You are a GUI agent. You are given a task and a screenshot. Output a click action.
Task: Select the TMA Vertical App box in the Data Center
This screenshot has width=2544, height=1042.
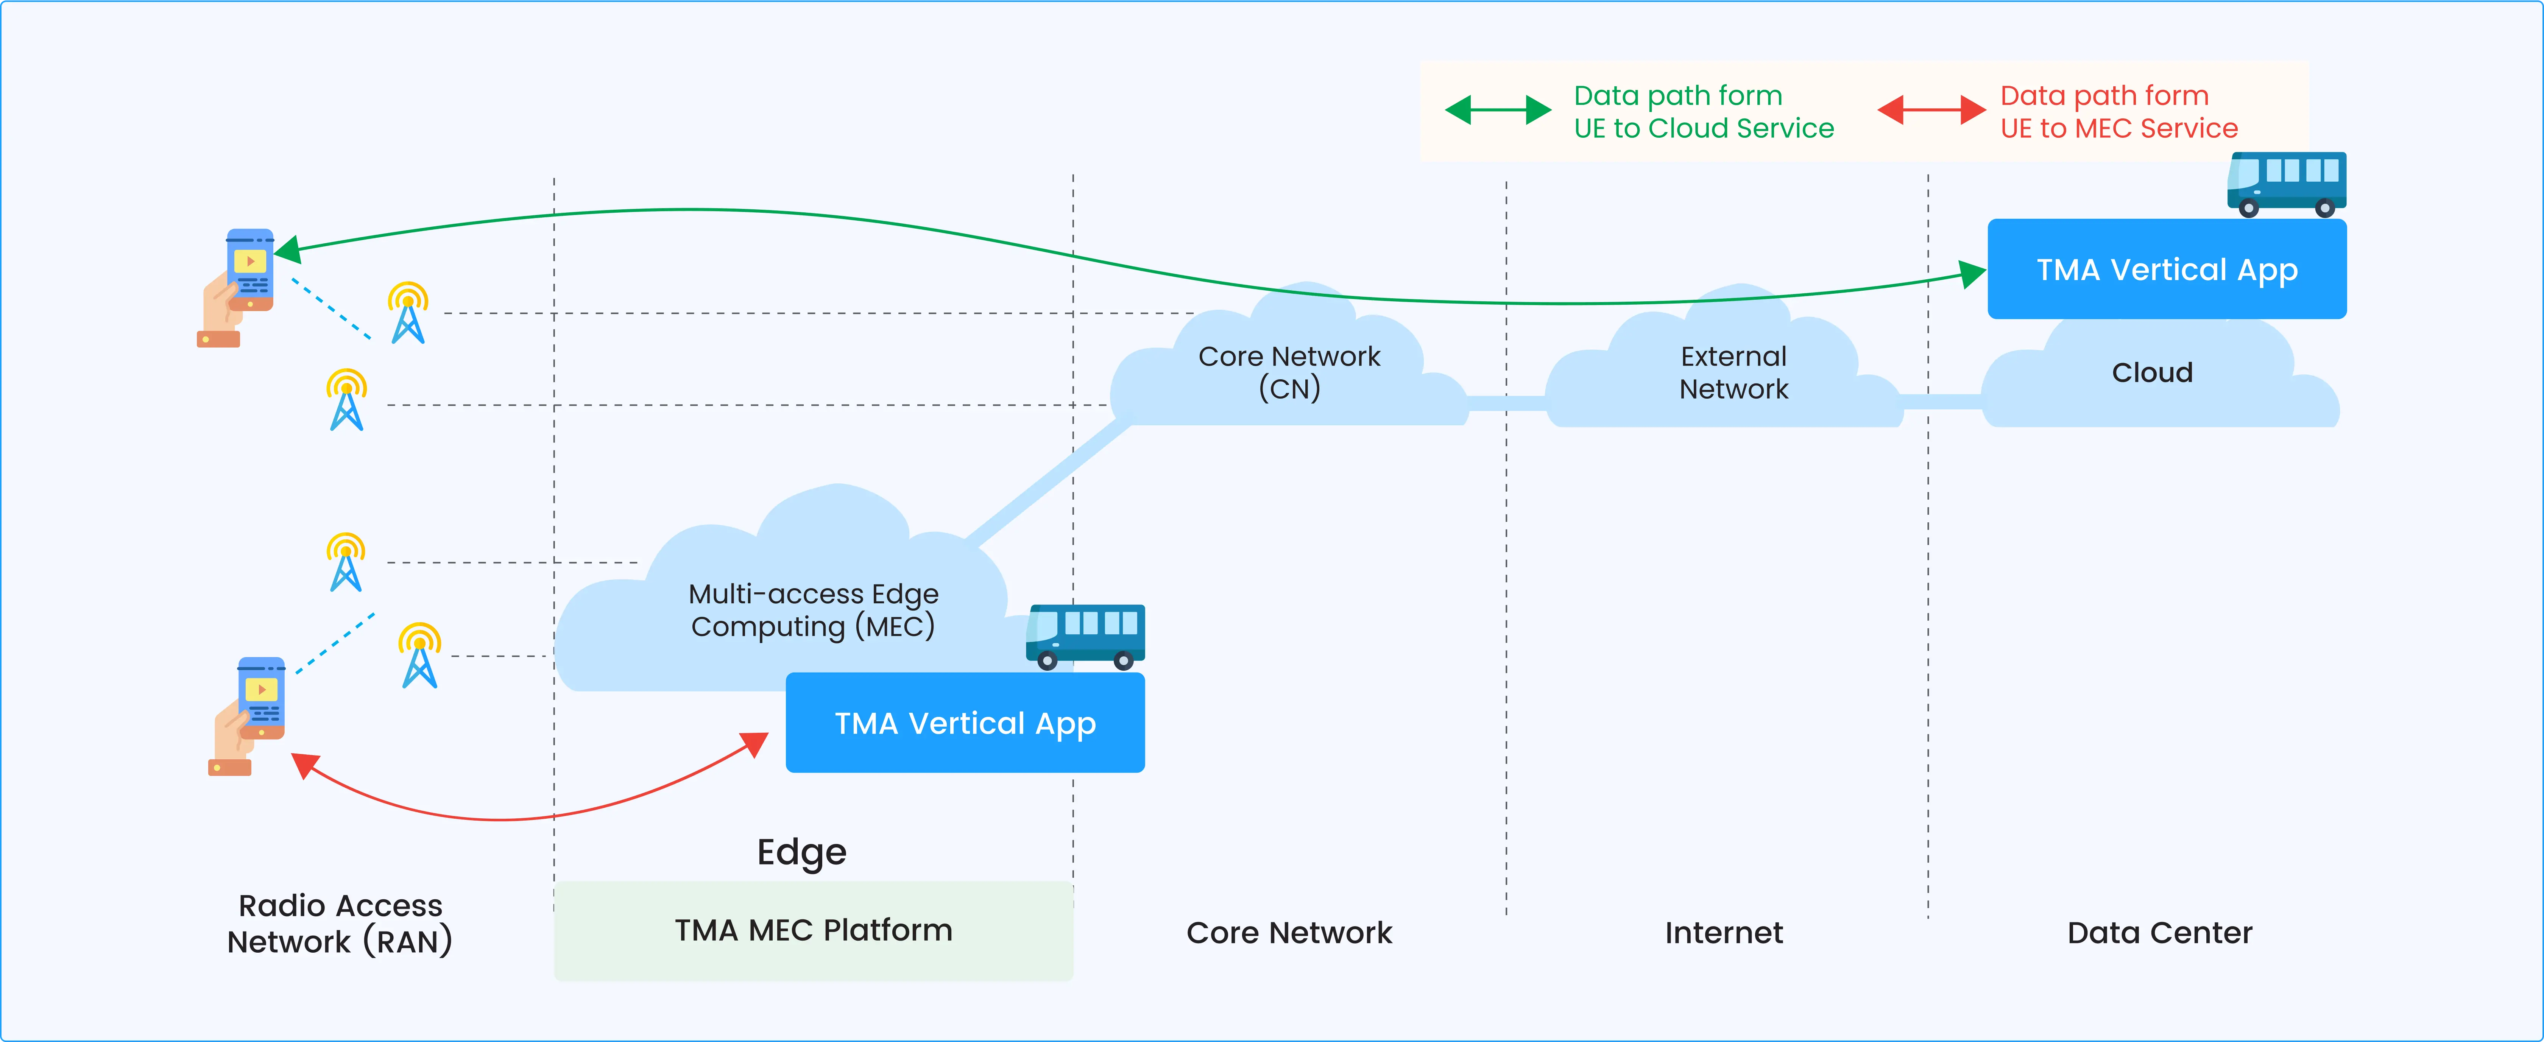pyautogui.click(x=2167, y=269)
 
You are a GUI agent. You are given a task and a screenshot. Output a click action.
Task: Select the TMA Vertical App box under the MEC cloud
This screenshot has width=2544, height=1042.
pyautogui.click(x=965, y=723)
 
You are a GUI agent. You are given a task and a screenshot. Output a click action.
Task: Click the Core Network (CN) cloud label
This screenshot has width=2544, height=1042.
pyautogui.click(x=1289, y=372)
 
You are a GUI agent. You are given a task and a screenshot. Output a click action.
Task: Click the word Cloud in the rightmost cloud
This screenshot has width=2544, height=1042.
pyautogui.click(x=2152, y=372)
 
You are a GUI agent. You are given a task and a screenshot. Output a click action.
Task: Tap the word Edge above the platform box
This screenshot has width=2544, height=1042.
pyautogui.click(x=801, y=851)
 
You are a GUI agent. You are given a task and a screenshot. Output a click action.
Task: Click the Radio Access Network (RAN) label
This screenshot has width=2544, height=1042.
pyautogui.click(x=340, y=924)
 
